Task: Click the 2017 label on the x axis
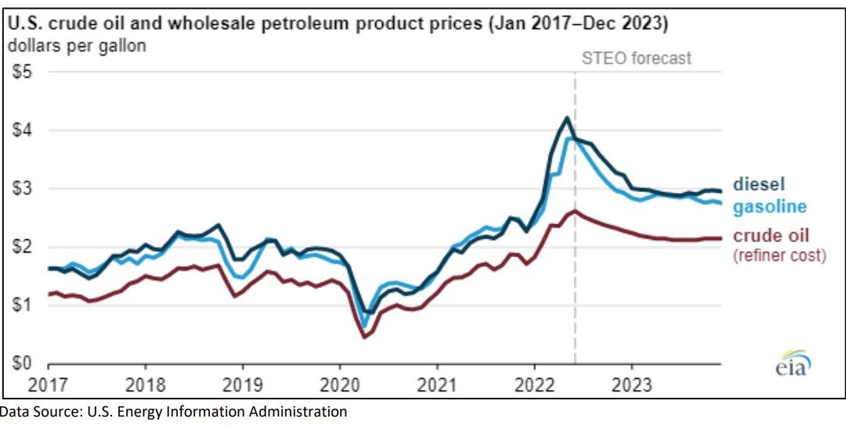pos(49,386)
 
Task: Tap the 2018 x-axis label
pos(146,386)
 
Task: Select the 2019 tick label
pos(243,386)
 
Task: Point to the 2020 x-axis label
pos(340,386)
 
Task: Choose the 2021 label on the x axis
pos(437,386)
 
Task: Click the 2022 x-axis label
pos(534,386)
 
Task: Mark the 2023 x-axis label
pos(631,386)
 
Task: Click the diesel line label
pos(758,184)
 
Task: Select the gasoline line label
pos(769,206)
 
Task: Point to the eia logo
pos(792,364)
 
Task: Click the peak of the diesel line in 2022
pos(566,118)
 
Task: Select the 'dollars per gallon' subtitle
pos(77,46)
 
